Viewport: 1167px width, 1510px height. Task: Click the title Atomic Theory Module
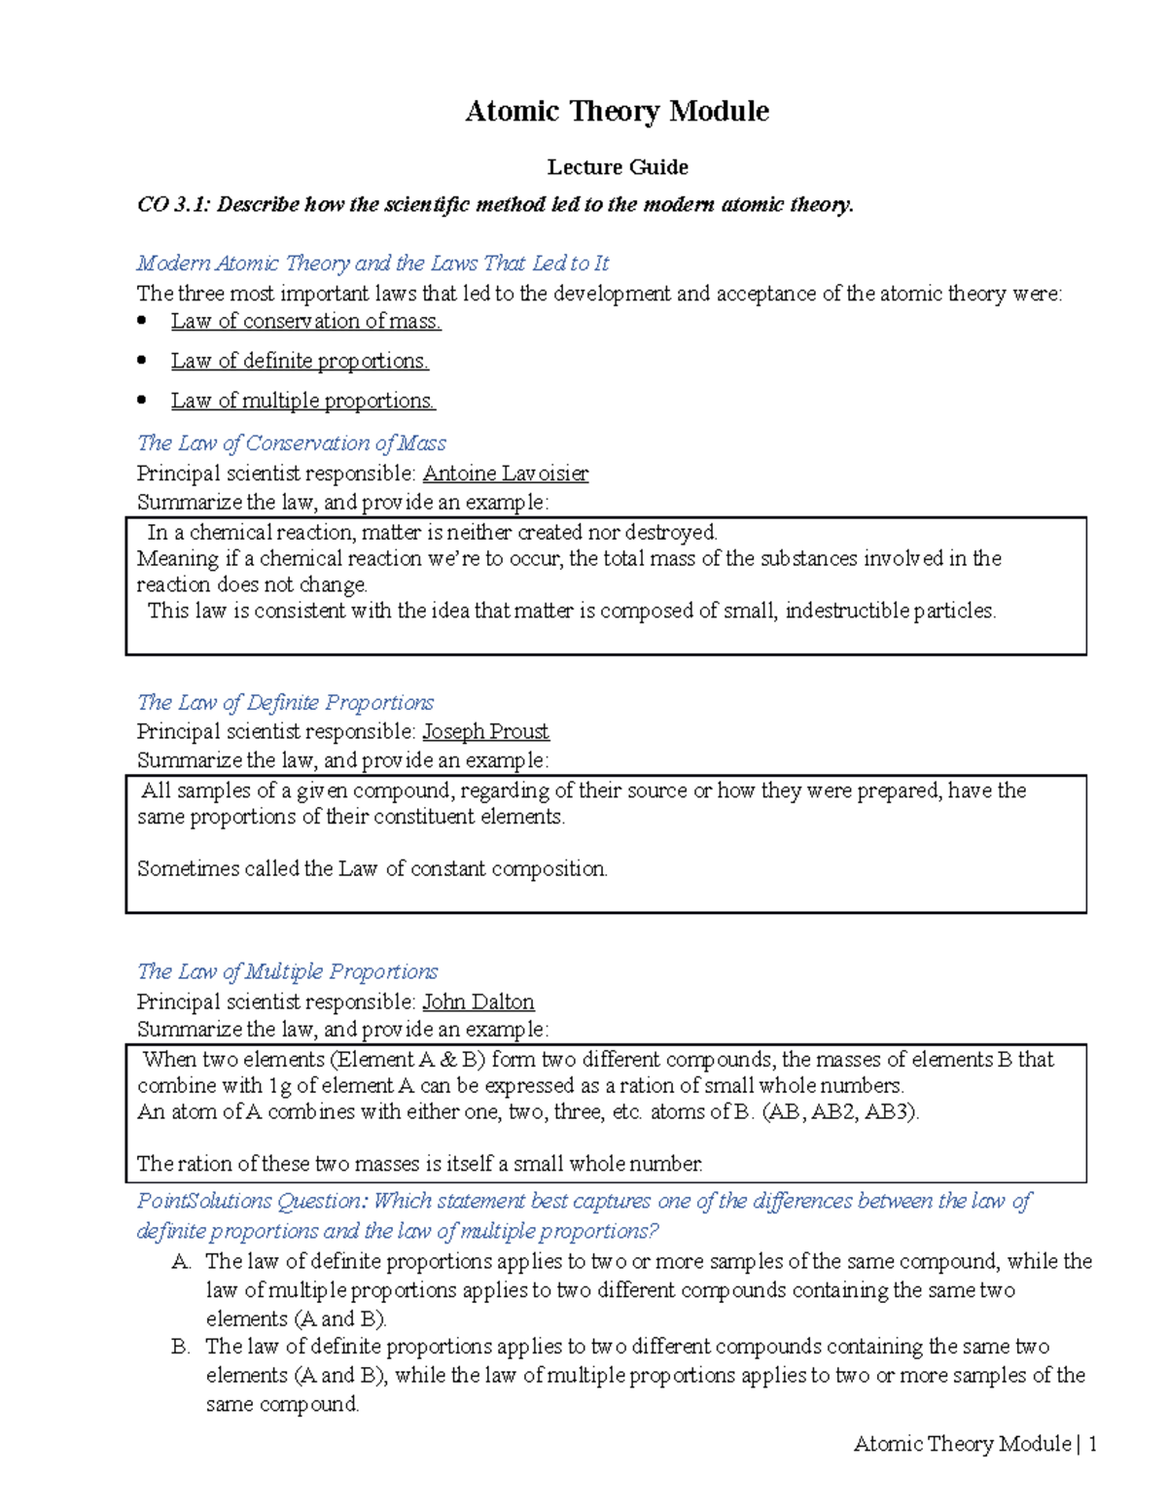617,112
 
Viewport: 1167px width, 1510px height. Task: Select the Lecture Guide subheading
617,167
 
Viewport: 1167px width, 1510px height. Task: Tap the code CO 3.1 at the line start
171,204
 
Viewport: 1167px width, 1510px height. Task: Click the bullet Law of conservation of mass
305,321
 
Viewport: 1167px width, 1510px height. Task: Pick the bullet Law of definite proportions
300,361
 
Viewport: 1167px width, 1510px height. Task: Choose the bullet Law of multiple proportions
302,401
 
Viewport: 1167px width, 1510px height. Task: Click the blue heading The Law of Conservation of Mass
291,443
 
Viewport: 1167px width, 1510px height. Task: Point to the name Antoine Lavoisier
505,474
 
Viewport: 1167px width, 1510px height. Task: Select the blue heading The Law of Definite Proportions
285,702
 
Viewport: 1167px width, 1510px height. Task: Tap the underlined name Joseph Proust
485,731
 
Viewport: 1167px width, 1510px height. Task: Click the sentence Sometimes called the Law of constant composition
371,868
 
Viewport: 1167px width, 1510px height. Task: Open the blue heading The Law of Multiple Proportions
287,971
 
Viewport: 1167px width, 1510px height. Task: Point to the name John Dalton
477,1001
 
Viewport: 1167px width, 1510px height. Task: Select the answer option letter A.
181,1261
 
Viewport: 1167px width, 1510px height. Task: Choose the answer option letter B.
180,1347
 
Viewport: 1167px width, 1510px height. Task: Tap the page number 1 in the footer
1092,1444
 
